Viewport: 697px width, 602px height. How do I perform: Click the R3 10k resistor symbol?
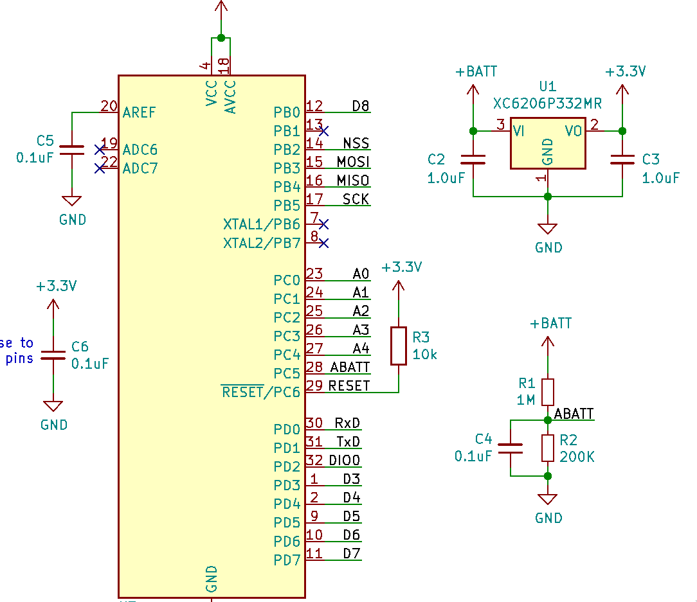398,346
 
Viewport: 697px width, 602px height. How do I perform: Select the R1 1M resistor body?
548,392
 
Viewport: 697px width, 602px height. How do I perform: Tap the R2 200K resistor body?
548,448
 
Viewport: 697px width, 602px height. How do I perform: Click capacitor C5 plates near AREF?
71,150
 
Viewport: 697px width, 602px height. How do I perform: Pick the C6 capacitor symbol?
53,355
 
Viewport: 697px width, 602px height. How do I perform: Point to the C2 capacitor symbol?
473,159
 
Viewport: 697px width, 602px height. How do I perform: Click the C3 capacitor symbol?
622,159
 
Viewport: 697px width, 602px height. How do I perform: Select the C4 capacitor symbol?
511,448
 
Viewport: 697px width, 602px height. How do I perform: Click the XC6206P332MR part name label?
547,103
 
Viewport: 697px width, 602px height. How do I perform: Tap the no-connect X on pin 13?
323,131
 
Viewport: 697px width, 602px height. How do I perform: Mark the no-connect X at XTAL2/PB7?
323,243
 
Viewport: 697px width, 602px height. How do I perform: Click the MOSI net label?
353,162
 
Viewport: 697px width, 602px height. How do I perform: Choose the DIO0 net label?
345,460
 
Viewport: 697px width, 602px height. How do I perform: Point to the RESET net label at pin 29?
349,385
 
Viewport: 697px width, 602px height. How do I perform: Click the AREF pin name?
139,112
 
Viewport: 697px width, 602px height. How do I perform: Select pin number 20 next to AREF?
109,106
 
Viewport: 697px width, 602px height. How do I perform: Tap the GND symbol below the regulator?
548,228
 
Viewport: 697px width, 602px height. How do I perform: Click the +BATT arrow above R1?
548,342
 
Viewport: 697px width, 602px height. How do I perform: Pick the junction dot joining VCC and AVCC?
221,38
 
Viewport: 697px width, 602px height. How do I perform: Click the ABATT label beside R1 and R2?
574,414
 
